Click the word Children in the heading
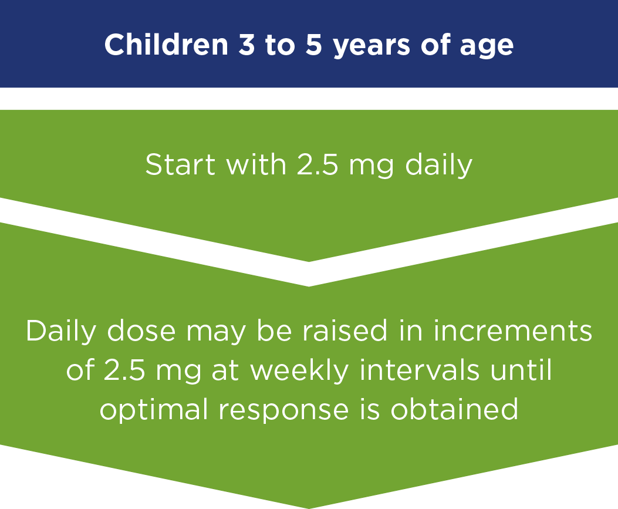tap(166, 44)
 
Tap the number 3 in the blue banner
tap(246, 44)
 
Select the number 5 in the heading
tap(314, 44)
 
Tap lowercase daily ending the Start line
tap(438, 166)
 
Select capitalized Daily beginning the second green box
tap(61, 332)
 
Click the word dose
tap(141, 331)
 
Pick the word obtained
tap(454, 409)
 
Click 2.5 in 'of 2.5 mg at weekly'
tap(124, 370)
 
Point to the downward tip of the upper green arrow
tap(309, 261)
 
